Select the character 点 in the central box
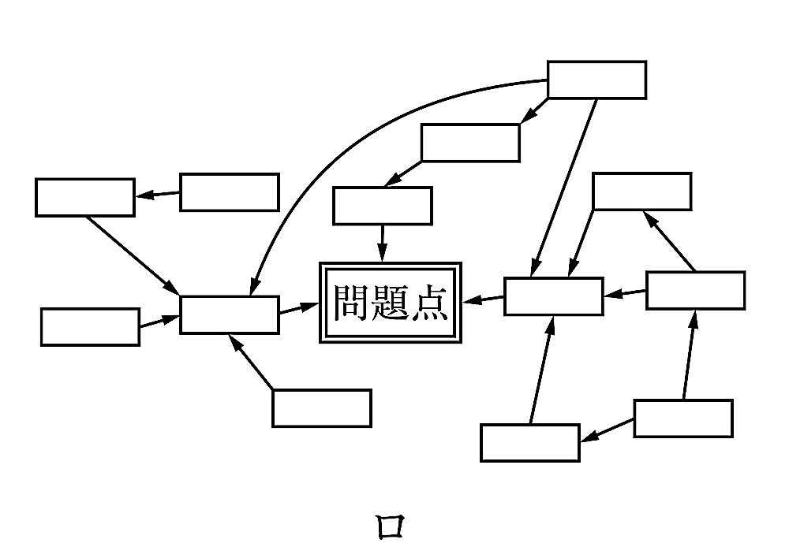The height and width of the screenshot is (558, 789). pos(430,303)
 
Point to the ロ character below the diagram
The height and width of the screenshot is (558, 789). pos(390,526)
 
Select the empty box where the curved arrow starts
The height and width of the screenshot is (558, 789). pos(596,80)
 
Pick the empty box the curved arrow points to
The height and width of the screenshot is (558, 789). pos(229,314)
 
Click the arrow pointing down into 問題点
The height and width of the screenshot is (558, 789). pos(383,243)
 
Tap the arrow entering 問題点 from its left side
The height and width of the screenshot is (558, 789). pos(298,308)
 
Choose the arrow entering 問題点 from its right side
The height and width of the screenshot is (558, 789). pos(484,299)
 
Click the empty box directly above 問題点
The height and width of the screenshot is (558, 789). pos(383,206)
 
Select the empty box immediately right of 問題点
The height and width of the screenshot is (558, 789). pos(553,296)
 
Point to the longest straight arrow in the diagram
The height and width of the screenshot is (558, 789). pos(564,187)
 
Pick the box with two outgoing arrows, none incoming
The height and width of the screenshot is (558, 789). pos(683,418)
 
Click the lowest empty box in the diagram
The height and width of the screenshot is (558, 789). pos(530,442)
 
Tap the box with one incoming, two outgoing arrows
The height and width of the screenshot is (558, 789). pos(695,290)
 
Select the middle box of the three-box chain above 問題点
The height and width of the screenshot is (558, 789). pos(470,143)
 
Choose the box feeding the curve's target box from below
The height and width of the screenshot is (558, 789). pos(321,407)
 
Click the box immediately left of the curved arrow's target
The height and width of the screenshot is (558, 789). pos(90,327)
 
